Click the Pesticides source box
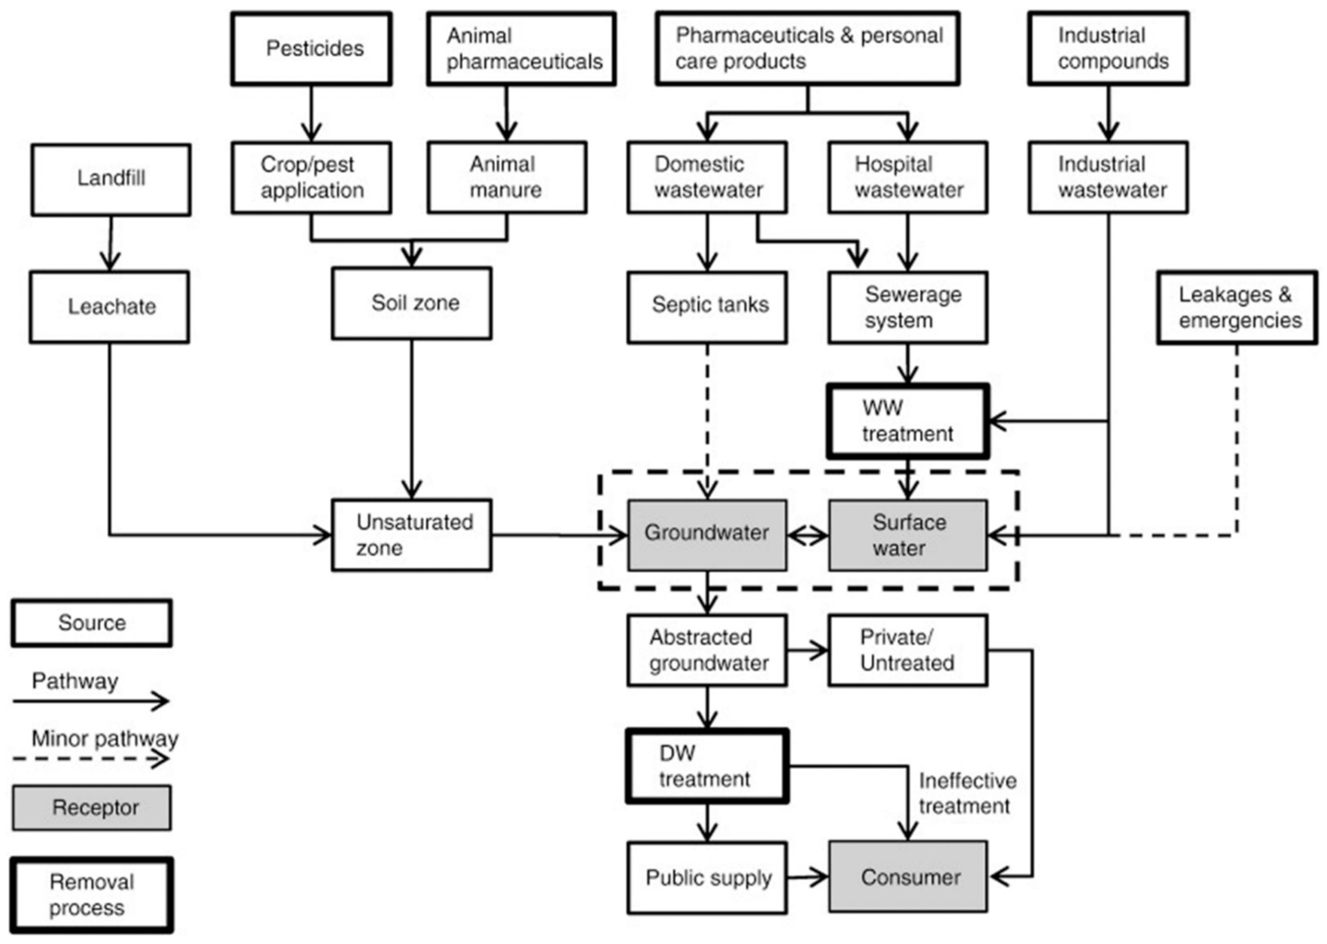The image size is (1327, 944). pyautogui.click(x=311, y=49)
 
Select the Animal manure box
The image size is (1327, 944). pyautogui.click(x=506, y=177)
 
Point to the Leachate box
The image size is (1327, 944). pyautogui.click(x=109, y=307)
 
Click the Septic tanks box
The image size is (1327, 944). pyautogui.click(x=707, y=307)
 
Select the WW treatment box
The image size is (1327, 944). pyautogui.click(x=907, y=421)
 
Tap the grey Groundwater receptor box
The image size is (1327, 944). pyautogui.click(x=707, y=534)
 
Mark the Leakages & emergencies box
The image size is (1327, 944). pyautogui.click(x=1236, y=307)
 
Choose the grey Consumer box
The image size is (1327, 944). pyautogui.click(x=907, y=876)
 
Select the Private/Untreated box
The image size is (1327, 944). pyautogui.click(x=907, y=650)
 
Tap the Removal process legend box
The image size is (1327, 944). pyautogui.click(x=92, y=894)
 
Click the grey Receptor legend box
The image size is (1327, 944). pyautogui.click(x=92, y=807)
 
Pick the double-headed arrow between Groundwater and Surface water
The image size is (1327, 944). pyautogui.click(x=807, y=535)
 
